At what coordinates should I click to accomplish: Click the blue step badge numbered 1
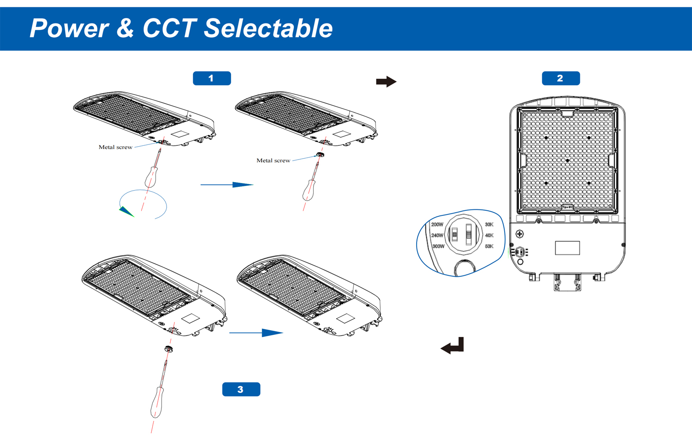click(212, 78)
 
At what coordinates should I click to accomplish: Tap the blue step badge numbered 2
click(561, 78)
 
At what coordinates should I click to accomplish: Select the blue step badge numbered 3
click(241, 389)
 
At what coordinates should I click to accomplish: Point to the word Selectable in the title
click(268, 28)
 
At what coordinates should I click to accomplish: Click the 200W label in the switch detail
click(437, 225)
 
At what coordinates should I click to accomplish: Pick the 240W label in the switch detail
click(437, 235)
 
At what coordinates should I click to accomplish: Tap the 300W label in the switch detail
click(438, 246)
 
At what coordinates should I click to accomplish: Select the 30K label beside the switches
click(489, 225)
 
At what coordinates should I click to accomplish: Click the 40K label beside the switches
click(489, 235)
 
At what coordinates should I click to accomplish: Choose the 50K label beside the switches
click(489, 246)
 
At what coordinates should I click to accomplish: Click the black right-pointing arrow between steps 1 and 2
click(386, 82)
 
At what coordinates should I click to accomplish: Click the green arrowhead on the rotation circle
click(126, 212)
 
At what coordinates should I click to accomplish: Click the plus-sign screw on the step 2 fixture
click(519, 234)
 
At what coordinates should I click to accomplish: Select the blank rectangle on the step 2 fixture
click(567, 248)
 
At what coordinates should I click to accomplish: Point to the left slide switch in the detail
click(454, 234)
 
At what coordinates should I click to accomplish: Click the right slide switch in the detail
click(469, 234)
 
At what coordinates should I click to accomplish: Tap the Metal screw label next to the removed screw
click(273, 161)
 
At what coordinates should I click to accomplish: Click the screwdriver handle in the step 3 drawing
click(157, 402)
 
